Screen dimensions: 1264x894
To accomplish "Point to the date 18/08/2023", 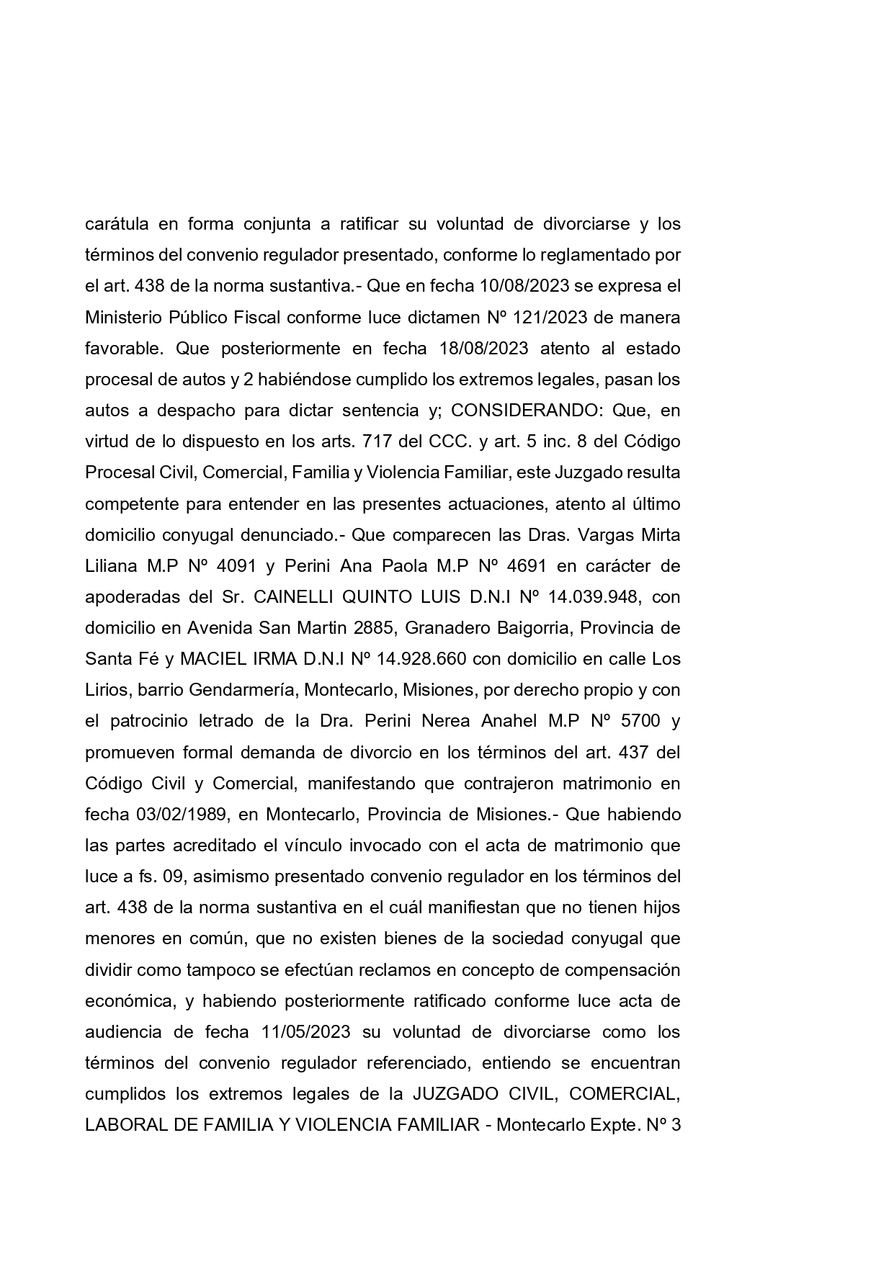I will coord(483,349).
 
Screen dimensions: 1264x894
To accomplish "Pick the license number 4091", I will coord(236,566).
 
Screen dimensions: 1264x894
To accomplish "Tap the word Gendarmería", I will coord(241,690).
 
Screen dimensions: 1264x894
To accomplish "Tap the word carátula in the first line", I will coord(117,224).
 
